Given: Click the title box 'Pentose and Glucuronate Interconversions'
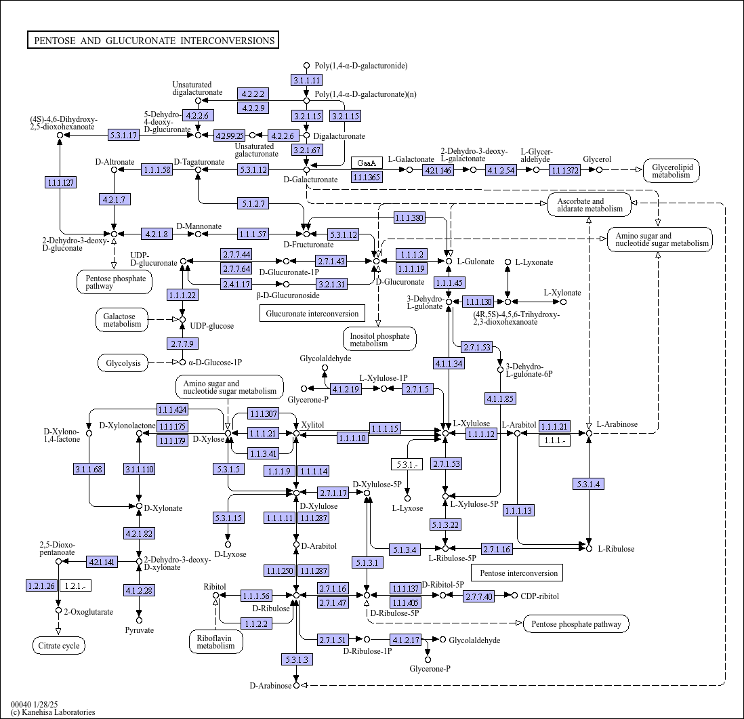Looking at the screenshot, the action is (x=152, y=41).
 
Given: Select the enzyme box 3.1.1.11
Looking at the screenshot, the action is (x=306, y=80).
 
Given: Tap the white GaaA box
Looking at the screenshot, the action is (x=367, y=163).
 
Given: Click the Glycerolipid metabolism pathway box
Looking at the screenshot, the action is (x=671, y=171).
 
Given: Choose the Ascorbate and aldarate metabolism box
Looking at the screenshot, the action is (x=590, y=205).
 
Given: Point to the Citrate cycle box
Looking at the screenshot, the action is (x=59, y=645).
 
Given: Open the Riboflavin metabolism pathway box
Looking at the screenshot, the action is (x=216, y=642).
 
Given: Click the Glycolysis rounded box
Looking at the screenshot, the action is (x=123, y=363).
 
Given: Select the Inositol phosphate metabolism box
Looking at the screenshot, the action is (x=379, y=340).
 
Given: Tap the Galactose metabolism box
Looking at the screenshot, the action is (x=122, y=320).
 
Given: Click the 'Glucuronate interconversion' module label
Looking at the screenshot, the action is (x=312, y=313).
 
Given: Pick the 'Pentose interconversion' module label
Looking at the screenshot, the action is (x=518, y=573).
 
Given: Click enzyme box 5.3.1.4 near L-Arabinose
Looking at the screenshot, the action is (x=589, y=484).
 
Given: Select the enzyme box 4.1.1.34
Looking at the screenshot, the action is (x=449, y=363).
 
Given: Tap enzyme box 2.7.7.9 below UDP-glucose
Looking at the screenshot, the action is (x=182, y=344).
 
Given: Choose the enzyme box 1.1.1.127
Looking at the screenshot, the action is (x=61, y=182).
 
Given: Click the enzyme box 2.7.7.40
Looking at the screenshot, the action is (x=479, y=596).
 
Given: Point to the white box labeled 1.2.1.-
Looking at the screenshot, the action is (x=75, y=586).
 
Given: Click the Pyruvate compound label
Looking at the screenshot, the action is (x=140, y=630).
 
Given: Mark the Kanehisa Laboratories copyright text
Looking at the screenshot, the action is (x=53, y=712).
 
